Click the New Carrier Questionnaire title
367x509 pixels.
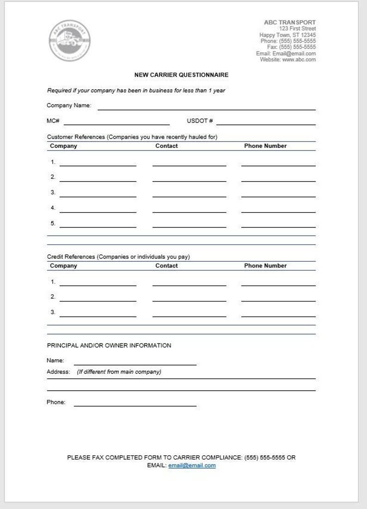coord(181,74)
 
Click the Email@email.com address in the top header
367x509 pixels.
coord(294,54)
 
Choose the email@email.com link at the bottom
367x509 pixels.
coord(192,466)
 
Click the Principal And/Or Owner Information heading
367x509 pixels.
coord(109,345)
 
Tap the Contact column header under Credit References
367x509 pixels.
coord(166,266)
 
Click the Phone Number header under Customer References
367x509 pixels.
coord(265,146)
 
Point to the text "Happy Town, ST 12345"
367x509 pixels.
coord(287,35)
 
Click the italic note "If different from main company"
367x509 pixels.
coord(119,372)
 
